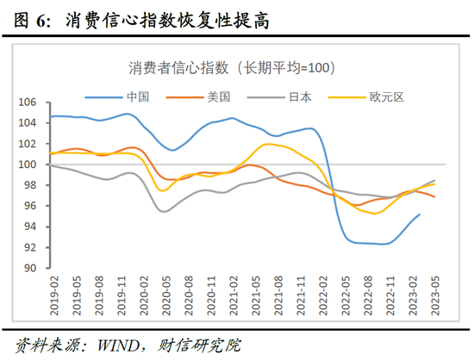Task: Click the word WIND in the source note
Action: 122,346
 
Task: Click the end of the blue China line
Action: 420,214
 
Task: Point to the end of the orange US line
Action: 434,197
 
